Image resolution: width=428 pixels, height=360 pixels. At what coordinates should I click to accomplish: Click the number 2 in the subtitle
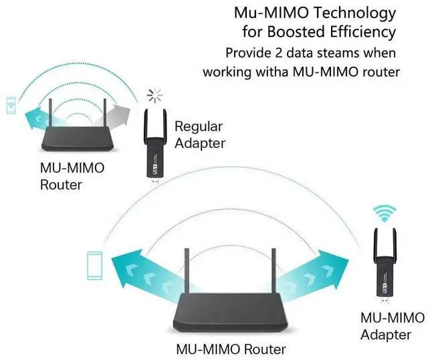point(272,52)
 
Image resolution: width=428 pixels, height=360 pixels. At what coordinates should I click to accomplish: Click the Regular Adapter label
point(199,134)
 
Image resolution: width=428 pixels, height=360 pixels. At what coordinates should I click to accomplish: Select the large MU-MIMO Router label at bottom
point(231,349)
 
